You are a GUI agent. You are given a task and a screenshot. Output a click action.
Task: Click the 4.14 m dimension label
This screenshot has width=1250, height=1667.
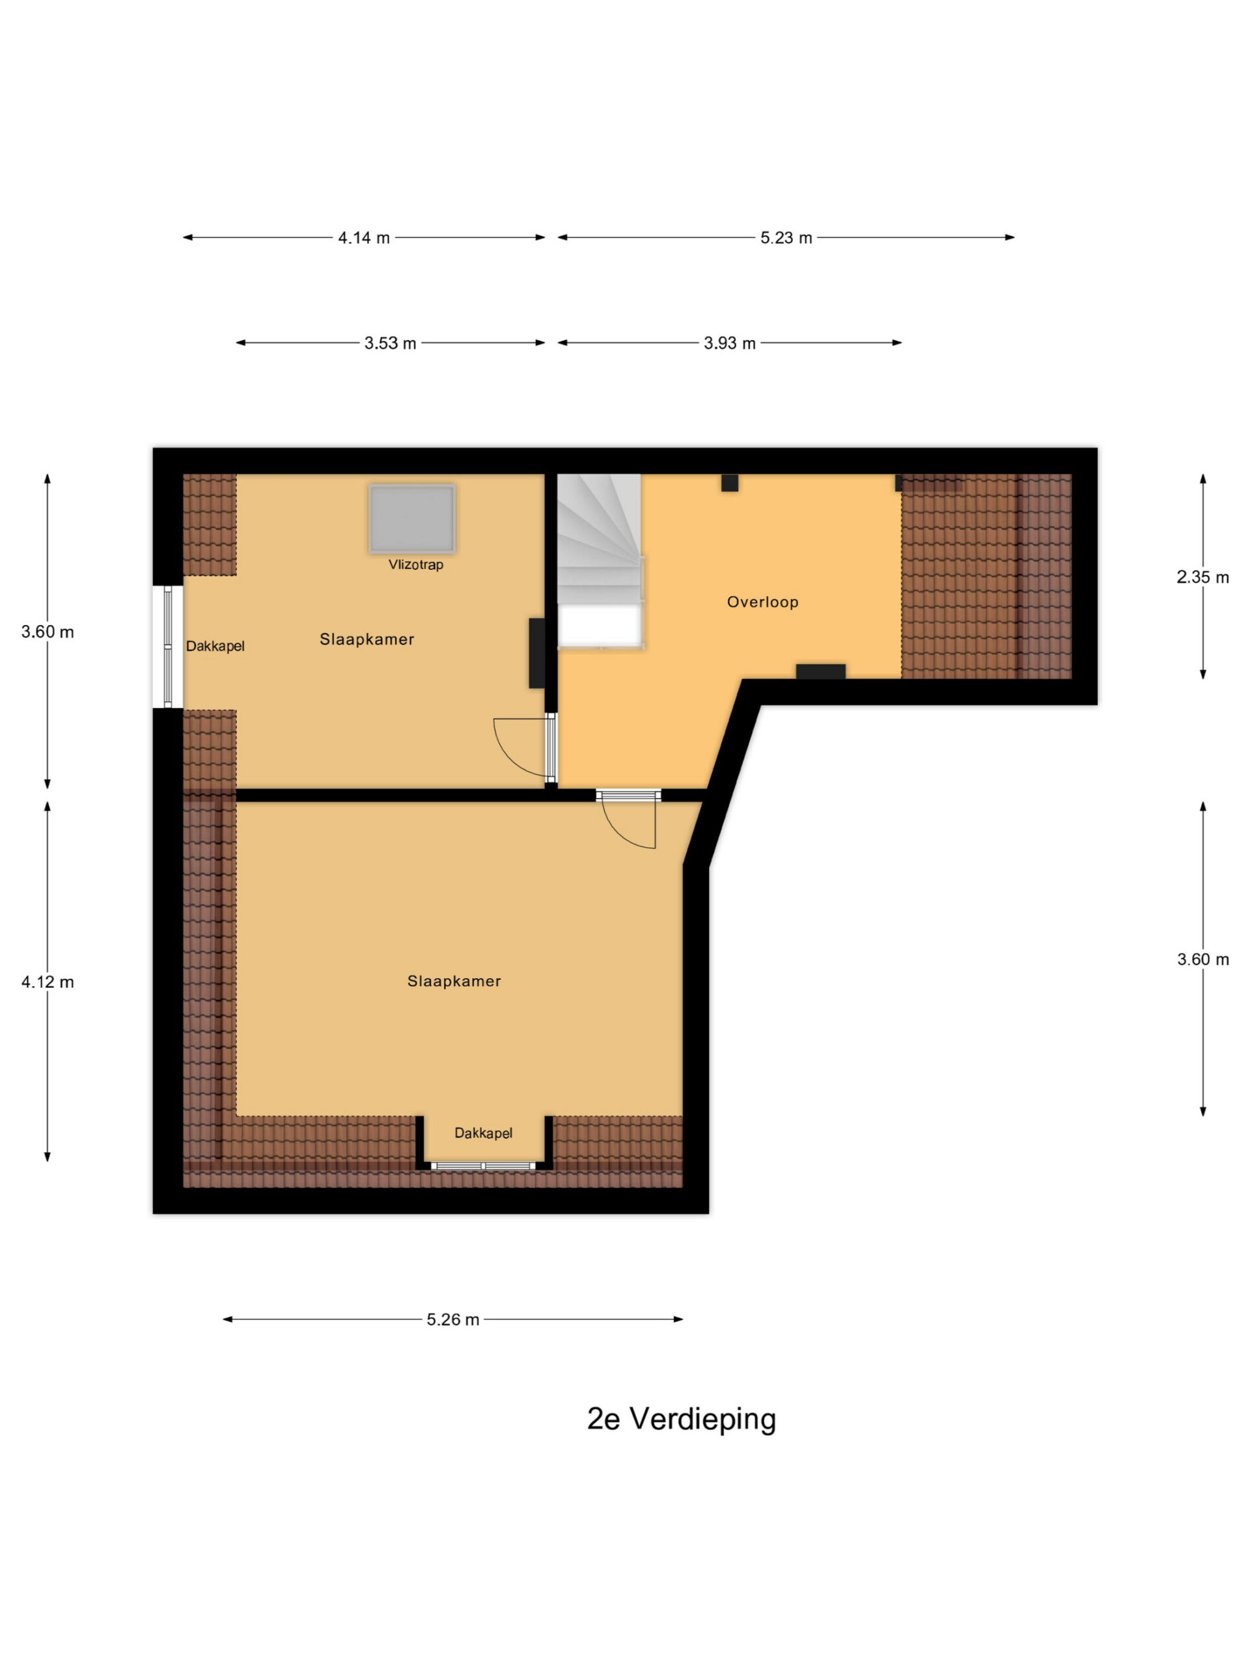[x=364, y=238]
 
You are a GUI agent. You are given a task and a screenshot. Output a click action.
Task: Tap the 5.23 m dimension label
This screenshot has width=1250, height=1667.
[x=786, y=238]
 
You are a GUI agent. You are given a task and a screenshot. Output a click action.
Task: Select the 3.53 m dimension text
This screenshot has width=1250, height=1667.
[x=390, y=344]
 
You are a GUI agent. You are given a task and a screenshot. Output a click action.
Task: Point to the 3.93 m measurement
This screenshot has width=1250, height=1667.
[x=729, y=344]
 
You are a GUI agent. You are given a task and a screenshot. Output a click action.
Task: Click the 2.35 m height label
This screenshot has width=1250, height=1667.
[x=1202, y=578]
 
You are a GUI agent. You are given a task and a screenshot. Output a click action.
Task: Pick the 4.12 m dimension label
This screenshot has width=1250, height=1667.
[x=48, y=982]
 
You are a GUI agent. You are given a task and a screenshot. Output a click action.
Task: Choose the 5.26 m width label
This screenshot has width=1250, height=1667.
[x=453, y=1319]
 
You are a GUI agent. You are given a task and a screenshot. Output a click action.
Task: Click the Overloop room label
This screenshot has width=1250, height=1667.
[x=762, y=602]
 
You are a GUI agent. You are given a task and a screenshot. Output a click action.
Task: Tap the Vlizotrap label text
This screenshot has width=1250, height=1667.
[x=416, y=565]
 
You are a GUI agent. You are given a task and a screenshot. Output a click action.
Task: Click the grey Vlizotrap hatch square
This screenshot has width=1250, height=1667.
[x=412, y=518]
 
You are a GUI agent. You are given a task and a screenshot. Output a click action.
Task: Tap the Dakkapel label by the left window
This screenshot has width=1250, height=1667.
[x=215, y=647]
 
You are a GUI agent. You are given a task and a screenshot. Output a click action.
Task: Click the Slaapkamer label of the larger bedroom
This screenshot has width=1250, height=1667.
[x=454, y=981]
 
